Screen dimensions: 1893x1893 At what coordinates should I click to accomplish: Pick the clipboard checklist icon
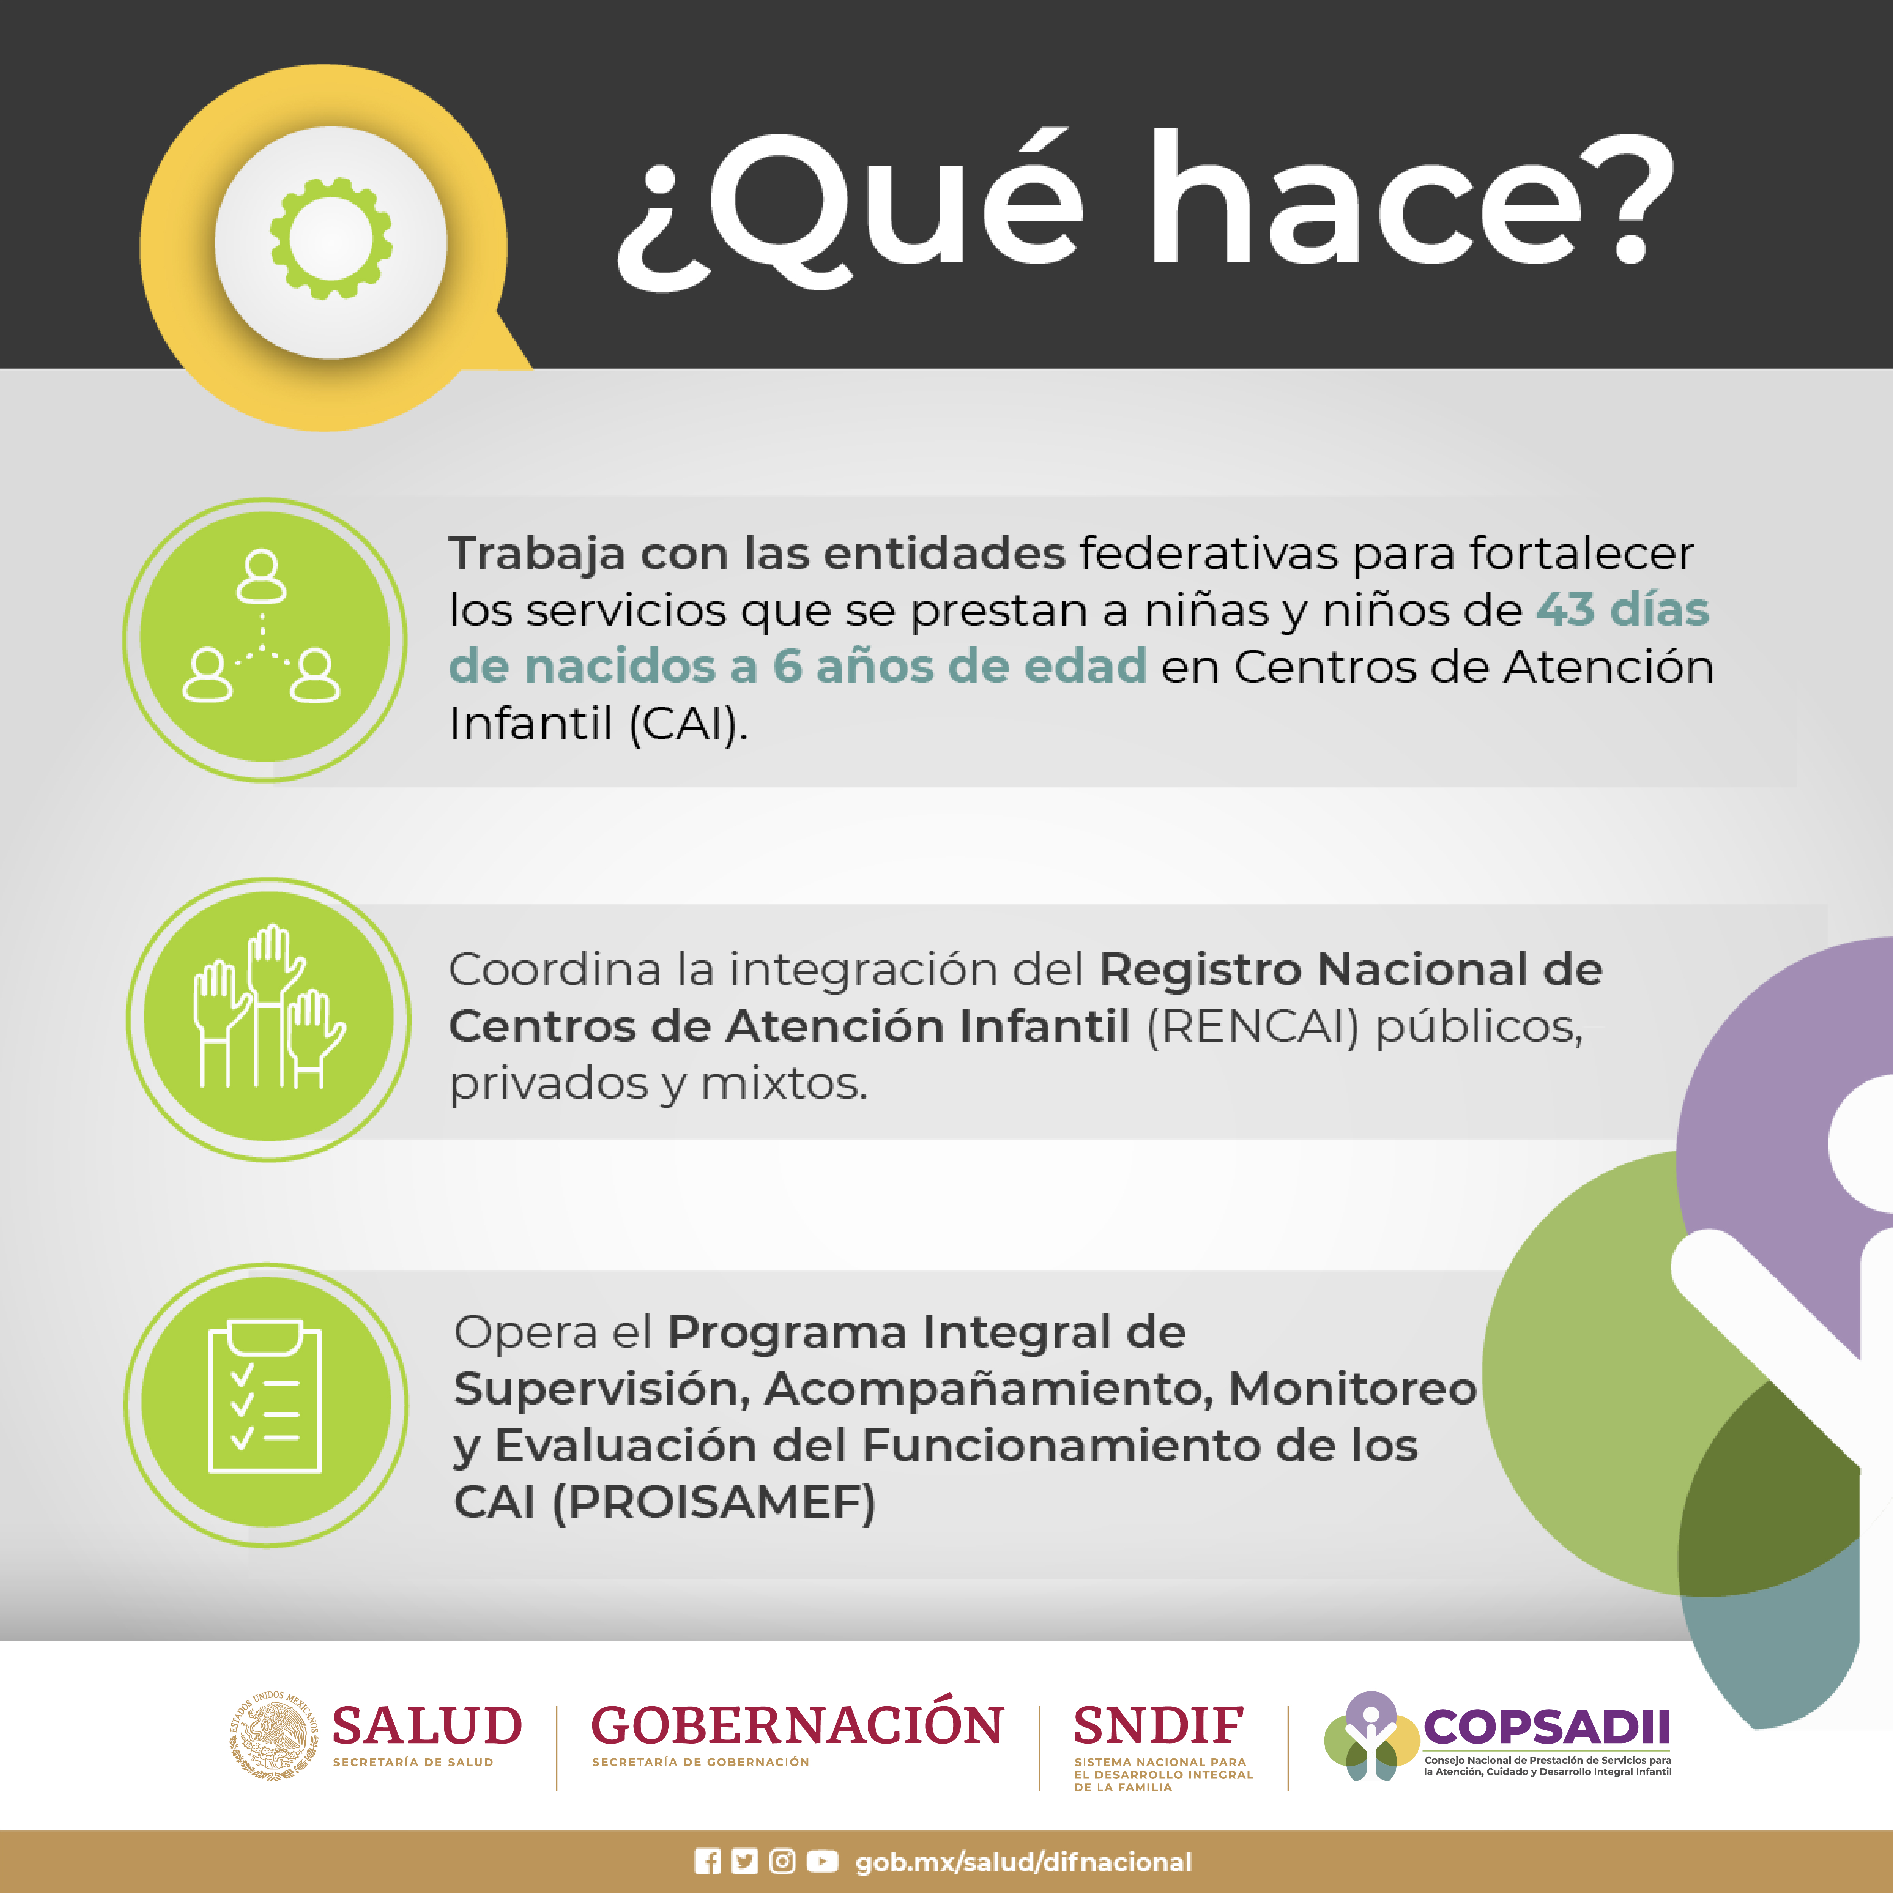(266, 1396)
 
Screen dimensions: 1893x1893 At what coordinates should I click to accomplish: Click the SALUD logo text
(427, 1725)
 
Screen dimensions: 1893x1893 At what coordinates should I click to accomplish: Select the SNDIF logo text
(1158, 1725)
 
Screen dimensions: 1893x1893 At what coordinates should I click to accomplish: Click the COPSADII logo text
(1546, 1727)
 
